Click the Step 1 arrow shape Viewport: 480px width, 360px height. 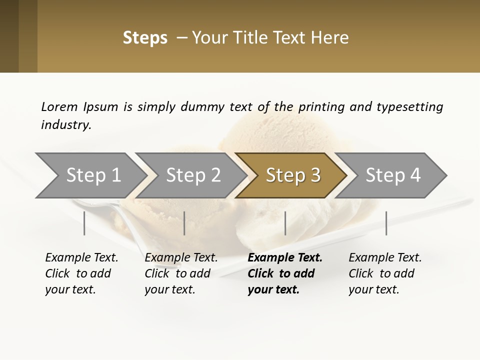(93, 175)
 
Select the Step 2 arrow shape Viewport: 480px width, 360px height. (193, 175)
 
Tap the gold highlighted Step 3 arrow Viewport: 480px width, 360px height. (293, 175)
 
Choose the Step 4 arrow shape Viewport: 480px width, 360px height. (393, 175)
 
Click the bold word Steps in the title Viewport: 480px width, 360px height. (145, 38)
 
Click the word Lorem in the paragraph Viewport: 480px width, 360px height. (59, 106)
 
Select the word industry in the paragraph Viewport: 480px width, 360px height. (66, 125)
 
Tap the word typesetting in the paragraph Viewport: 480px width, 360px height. (409, 106)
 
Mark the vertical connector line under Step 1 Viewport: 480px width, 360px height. (84, 223)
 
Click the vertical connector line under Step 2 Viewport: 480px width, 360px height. (184, 223)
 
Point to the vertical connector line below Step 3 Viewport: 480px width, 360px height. (285, 223)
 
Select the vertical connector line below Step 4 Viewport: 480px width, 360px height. (386, 223)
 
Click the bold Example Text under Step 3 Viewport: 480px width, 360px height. (285, 258)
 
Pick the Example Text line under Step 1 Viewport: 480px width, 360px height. (81, 258)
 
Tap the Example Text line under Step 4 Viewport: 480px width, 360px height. (385, 258)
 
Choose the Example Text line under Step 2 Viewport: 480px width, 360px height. (181, 258)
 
